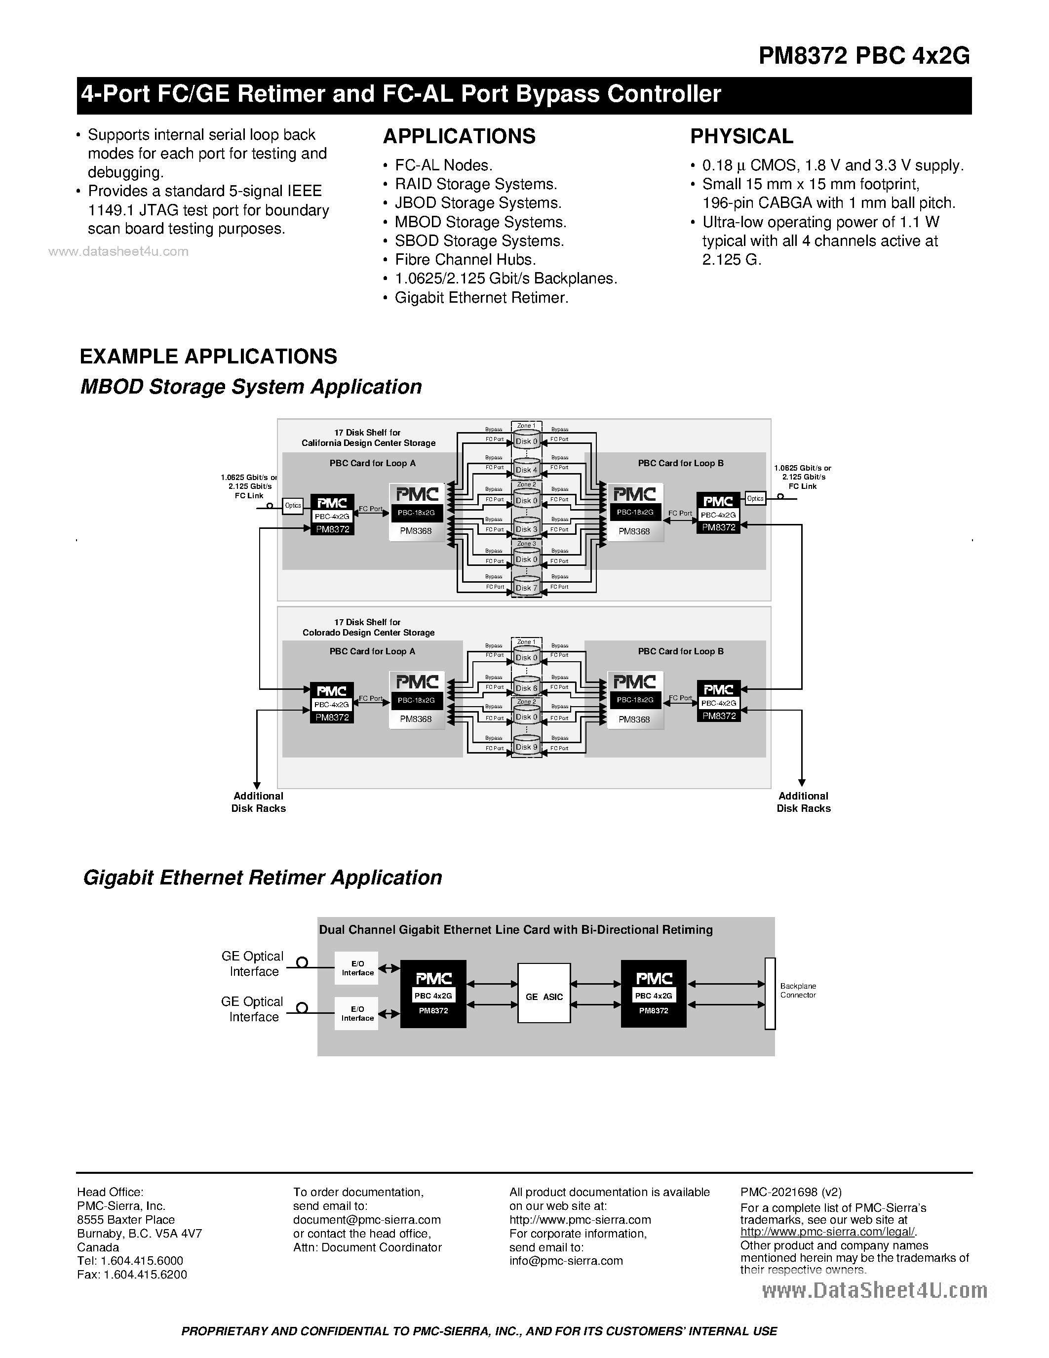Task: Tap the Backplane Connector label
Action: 798,991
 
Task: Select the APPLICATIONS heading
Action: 459,136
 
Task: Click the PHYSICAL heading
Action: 741,136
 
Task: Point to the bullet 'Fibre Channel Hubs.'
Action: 465,260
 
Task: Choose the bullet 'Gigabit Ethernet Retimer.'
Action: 481,298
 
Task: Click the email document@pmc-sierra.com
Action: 367,1220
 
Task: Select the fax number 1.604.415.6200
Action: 132,1275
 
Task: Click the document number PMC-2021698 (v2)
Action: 790,1192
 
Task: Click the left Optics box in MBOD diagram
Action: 293,506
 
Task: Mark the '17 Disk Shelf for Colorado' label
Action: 368,627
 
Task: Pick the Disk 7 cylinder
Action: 526,588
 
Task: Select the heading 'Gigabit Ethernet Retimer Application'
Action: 262,878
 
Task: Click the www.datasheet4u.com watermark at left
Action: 118,251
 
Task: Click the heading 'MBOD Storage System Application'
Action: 251,387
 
